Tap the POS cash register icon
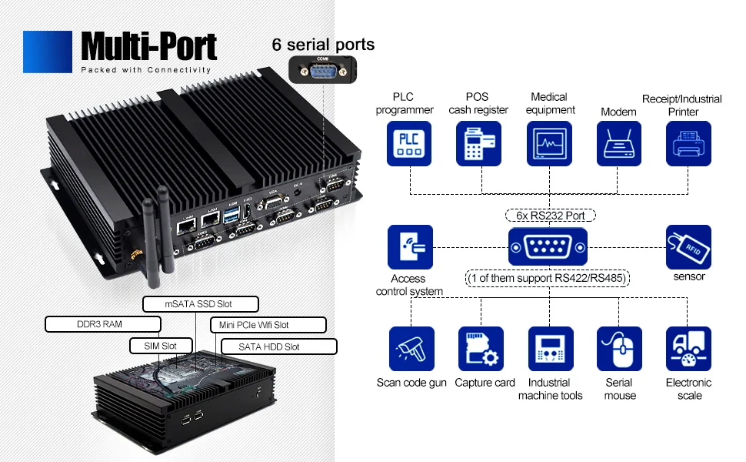coord(479,143)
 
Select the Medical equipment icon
coord(549,143)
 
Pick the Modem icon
coord(618,143)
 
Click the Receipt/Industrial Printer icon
coord(688,143)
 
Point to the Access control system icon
coord(411,247)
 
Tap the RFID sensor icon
coord(688,247)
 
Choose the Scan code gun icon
coord(411,349)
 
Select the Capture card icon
coord(481,349)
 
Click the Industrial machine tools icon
coord(549,349)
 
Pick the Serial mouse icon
coord(619,349)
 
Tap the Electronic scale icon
coord(688,349)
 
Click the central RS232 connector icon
coord(548,247)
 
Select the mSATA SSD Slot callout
coord(198,303)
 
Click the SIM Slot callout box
coord(158,346)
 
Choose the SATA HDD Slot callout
coord(269,346)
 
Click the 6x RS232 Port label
coord(551,216)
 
